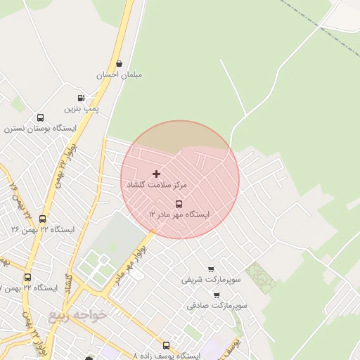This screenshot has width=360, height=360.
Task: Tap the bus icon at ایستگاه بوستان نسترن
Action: (x=40, y=118)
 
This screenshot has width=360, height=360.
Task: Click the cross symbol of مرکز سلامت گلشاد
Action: (x=156, y=173)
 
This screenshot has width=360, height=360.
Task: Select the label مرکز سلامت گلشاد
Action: (x=157, y=184)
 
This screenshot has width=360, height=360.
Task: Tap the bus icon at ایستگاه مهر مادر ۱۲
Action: (x=178, y=204)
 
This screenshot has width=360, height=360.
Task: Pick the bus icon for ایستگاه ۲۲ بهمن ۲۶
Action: (x=43, y=219)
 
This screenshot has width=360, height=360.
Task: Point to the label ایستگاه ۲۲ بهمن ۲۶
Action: (x=43, y=229)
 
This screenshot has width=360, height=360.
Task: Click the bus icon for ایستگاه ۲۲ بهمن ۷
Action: (x=27, y=278)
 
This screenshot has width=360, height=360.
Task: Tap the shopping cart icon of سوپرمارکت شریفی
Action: (x=211, y=269)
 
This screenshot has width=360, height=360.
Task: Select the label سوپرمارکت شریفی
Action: (x=211, y=279)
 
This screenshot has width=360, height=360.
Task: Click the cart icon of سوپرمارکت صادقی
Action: (x=216, y=295)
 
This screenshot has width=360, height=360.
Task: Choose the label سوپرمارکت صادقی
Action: (x=217, y=306)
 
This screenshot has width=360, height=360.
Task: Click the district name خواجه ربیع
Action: (x=77, y=315)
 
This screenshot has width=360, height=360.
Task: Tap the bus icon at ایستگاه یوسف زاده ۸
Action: (x=166, y=345)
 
